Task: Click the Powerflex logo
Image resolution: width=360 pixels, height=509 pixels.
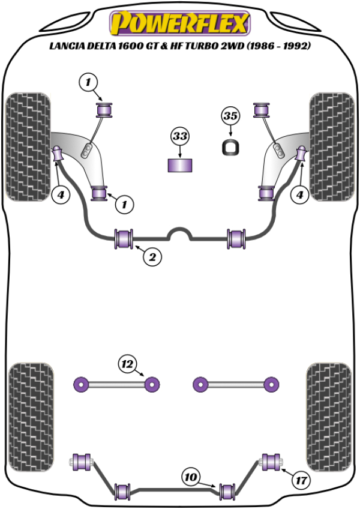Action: (x=179, y=23)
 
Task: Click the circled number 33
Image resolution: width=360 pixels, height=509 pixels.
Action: (x=180, y=136)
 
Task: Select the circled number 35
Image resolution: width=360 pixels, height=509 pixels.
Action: (x=230, y=116)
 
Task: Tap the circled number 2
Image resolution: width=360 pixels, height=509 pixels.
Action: (x=152, y=258)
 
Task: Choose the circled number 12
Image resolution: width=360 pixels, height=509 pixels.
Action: (x=127, y=364)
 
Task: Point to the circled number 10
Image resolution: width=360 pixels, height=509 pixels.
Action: (x=191, y=478)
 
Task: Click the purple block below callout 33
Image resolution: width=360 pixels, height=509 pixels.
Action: (x=180, y=166)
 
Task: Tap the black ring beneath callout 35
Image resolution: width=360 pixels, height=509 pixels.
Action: (x=230, y=147)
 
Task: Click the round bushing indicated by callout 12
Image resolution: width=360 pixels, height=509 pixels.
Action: (x=153, y=383)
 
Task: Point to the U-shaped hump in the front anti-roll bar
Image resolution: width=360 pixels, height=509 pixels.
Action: (x=179, y=233)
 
